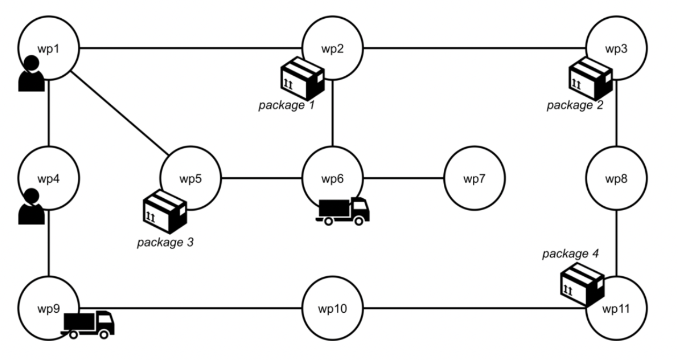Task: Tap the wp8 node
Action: [x=616, y=178]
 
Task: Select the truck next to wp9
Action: [x=89, y=325]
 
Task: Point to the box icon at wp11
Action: [x=582, y=284]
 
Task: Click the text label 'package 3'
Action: [x=165, y=242]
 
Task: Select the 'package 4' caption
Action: [x=570, y=253]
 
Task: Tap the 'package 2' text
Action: [x=575, y=105]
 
